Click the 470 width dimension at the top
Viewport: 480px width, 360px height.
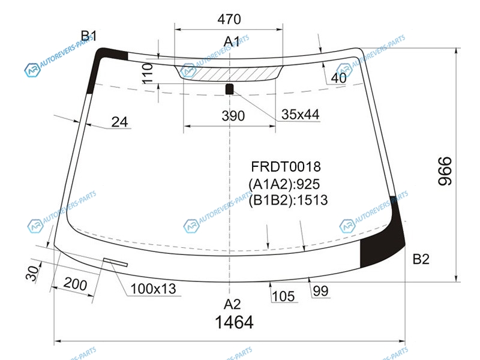[x=229, y=19]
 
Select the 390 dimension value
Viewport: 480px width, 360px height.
[x=233, y=116]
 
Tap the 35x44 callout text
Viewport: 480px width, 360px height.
[x=301, y=115]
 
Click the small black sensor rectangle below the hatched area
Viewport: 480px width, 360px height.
[x=230, y=89]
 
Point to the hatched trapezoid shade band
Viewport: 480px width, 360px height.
[x=229, y=73]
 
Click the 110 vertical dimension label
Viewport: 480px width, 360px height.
[x=148, y=73]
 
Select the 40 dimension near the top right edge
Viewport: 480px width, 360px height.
[x=338, y=78]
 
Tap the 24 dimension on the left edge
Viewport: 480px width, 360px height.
[x=119, y=122]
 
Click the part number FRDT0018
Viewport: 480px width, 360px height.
[x=286, y=167]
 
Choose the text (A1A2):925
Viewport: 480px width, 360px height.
[x=284, y=184]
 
